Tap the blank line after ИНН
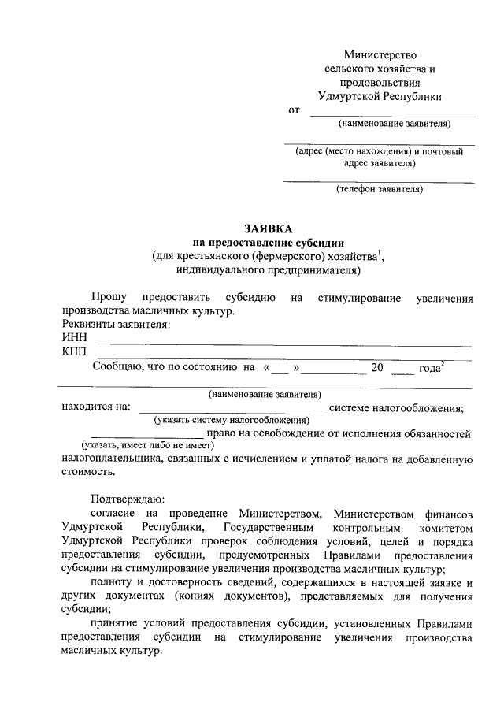(283, 344)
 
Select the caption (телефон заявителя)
(380, 189)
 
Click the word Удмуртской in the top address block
(354, 96)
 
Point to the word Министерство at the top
(380, 54)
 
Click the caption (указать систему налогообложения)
(231, 421)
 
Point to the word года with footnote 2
(430, 367)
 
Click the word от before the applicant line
(295, 110)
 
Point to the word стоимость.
(87, 472)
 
